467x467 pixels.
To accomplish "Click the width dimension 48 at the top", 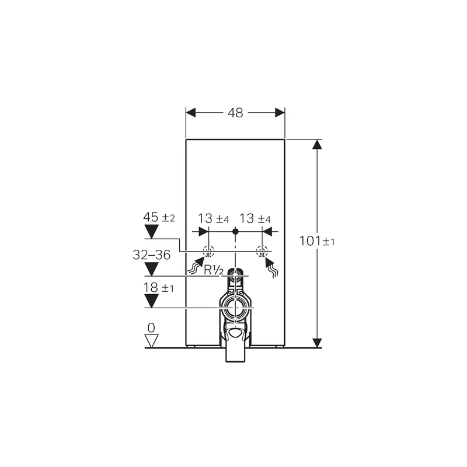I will click(235, 112).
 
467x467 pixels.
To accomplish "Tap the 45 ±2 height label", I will click(159, 218).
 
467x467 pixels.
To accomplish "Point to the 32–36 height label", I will click(151, 255).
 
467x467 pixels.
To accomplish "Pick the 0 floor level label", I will click(151, 328).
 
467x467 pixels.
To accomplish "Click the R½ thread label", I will click(214, 270).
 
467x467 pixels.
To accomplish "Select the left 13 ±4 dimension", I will click(212, 219).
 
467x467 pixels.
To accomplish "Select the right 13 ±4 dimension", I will click(256, 219).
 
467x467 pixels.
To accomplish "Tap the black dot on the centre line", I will click(235, 232).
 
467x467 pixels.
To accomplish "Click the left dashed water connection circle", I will click(208, 252).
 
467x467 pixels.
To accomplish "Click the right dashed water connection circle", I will click(263, 252).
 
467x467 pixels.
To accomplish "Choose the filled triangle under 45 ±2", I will click(151, 232).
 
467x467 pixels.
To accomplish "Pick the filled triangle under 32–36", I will click(151, 269).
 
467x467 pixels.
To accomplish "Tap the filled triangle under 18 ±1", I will click(151, 301).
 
